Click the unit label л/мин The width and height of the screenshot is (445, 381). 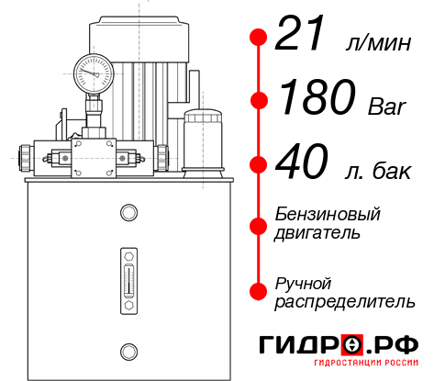tap(376, 44)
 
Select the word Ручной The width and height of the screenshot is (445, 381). tap(303, 283)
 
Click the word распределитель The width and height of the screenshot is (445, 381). tap(345, 301)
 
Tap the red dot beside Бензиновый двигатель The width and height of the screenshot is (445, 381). tap(259, 225)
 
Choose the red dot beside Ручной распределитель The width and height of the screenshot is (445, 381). tap(259, 291)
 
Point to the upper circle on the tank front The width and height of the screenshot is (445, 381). tap(128, 213)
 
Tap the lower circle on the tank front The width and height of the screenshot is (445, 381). tap(128, 350)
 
